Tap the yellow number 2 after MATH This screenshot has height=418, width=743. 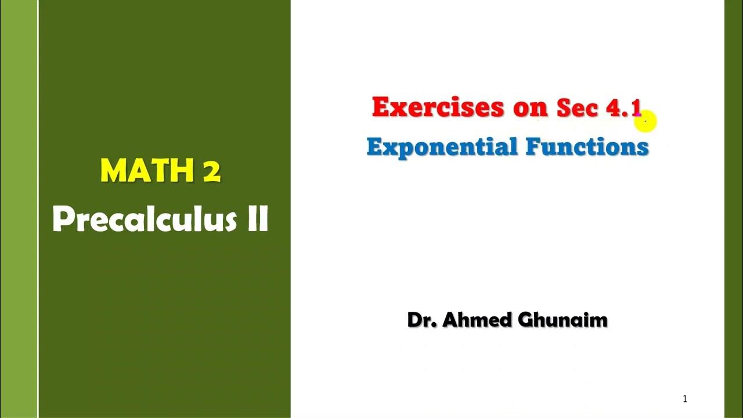[212, 171]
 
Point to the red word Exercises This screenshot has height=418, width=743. [438, 107]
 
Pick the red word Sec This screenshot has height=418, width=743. [577, 108]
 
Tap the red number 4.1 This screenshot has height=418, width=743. [624, 108]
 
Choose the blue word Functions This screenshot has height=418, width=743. [587, 146]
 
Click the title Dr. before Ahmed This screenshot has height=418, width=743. [422, 320]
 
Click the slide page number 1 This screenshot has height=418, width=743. [685, 399]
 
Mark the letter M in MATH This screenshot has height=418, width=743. [113, 171]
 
